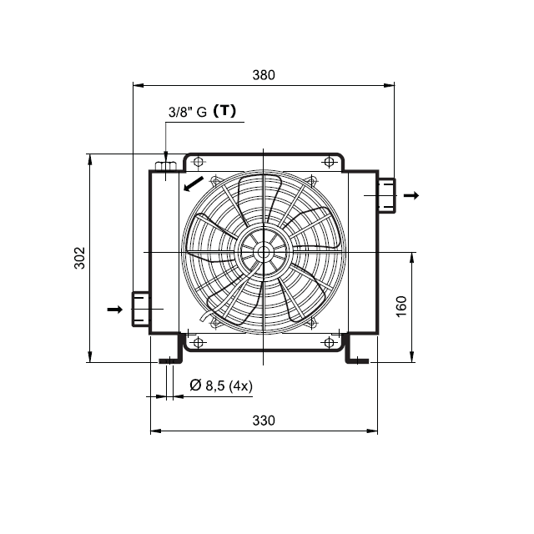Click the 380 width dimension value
(264, 75)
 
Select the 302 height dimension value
(80, 258)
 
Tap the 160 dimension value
(401, 306)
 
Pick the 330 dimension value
(264, 421)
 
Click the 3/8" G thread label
(188, 112)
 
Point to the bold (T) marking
(224, 111)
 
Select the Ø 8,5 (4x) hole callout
(221, 385)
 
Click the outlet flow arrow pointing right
(411, 195)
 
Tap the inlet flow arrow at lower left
(115, 310)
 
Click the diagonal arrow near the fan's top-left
(193, 184)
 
